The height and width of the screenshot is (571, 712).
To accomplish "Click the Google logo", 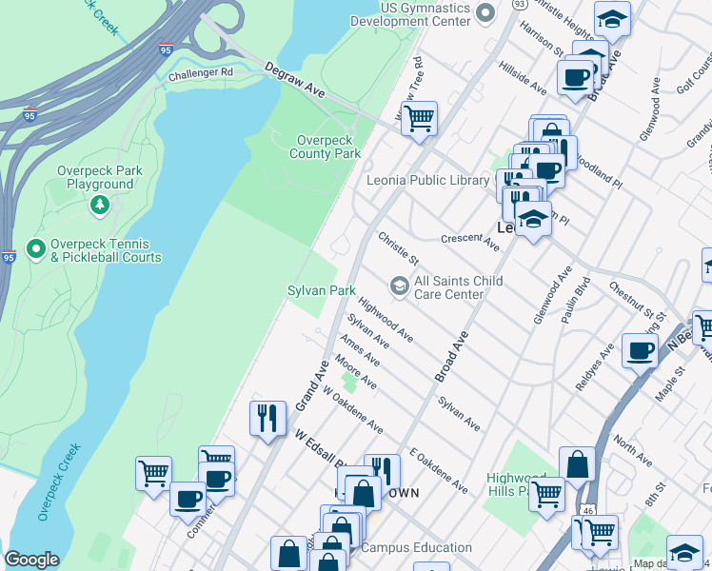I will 31,561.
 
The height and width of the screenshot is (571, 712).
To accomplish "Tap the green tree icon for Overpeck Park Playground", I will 99,205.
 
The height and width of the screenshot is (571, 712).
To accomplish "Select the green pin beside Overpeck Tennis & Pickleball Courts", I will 36,249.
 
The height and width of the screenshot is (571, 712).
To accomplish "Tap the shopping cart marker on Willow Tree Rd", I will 418,119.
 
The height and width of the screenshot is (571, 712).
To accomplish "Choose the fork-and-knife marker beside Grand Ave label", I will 267,417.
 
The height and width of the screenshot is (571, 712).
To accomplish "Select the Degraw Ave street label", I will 294,79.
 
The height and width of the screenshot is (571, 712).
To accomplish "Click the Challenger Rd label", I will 200,73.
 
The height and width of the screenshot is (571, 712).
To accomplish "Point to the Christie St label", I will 398,247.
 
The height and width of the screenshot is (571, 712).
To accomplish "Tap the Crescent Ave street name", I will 469,243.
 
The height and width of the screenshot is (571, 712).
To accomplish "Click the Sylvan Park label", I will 322,289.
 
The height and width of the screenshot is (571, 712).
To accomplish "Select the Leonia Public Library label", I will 427,181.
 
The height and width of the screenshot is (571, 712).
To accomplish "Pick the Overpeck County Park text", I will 325,147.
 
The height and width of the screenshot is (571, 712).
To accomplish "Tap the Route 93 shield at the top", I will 518,4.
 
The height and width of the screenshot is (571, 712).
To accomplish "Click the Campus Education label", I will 416,547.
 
